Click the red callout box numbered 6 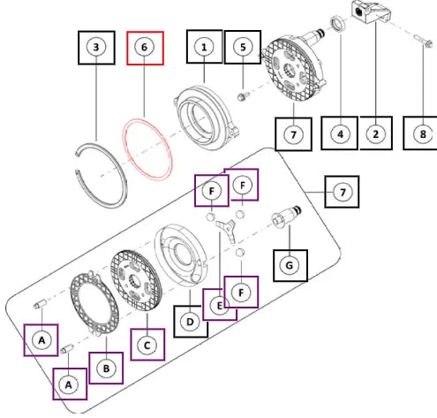[145, 48]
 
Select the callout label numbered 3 [96, 48]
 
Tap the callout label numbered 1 [204, 47]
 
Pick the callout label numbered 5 [243, 47]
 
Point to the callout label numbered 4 [339, 133]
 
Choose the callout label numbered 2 [376, 133]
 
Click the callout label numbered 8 [421, 133]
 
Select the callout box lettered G [290, 265]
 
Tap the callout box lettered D [191, 321]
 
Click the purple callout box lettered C [147, 345]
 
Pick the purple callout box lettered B [106, 368]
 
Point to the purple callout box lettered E [220, 306]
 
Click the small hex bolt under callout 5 [243, 96]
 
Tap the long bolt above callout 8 [423, 41]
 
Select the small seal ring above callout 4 [338, 24]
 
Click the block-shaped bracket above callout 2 [371, 12]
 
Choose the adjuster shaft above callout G [286, 216]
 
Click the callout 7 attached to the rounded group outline [342, 192]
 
